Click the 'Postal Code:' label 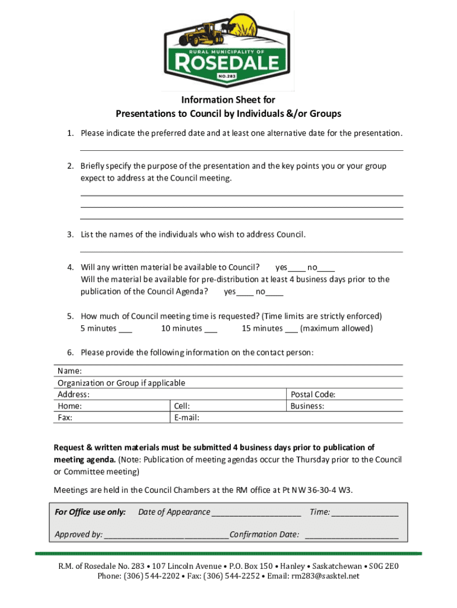(x=313, y=394)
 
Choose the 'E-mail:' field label (x=186, y=418)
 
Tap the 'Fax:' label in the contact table (x=65, y=418)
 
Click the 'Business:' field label (x=307, y=406)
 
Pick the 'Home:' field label (x=69, y=406)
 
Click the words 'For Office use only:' (x=90, y=512)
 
